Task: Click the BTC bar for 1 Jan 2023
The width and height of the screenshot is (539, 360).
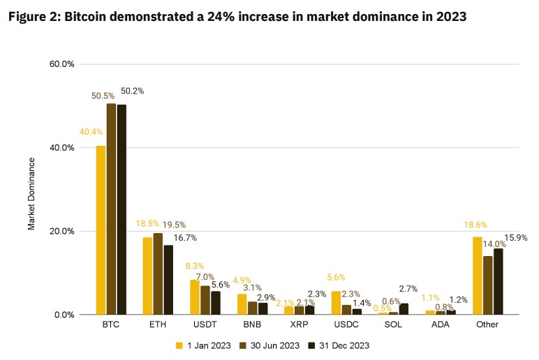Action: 101,230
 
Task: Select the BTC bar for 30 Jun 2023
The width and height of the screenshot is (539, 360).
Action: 111,209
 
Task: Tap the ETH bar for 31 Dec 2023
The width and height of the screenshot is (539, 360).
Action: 168,280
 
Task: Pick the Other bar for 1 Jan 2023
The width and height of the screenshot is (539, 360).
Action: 478,276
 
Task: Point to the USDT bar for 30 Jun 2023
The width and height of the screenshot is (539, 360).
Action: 205,300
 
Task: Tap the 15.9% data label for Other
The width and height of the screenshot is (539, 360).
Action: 516,238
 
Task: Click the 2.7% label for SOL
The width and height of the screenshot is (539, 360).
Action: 408,288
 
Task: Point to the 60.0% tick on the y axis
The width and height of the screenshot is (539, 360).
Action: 62,64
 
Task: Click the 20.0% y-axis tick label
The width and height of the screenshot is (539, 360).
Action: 62,232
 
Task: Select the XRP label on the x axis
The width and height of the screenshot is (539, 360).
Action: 299,326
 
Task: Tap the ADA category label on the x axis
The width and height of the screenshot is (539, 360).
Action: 440,326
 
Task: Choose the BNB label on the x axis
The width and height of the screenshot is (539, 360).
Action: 252,326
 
